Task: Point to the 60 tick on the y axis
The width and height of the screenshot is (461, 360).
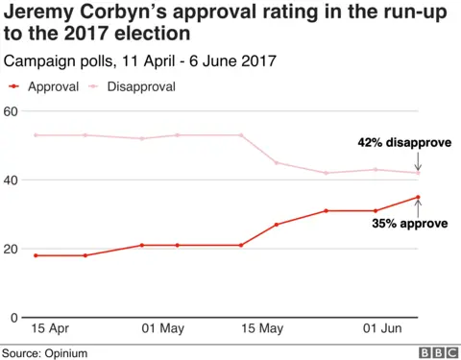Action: point(12,111)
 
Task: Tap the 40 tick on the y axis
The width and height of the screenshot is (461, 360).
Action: point(12,180)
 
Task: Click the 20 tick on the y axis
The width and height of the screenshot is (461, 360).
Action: point(12,250)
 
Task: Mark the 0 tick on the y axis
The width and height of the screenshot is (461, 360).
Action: point(14,318)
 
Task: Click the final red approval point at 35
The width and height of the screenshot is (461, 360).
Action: point(419,197)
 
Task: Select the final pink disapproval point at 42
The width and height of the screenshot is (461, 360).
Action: point(419,173)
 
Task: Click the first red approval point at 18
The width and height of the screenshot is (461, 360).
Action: point(36,255)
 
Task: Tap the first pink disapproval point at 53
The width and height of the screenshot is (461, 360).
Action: point(36,135)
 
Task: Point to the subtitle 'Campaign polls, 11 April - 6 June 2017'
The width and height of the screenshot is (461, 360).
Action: point(140,60)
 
